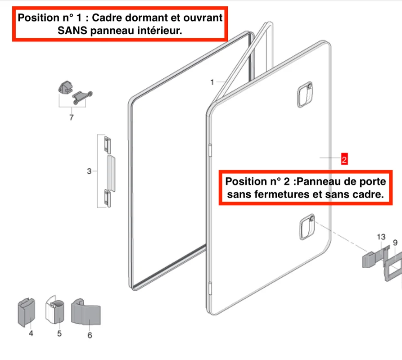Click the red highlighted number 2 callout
(344, 159)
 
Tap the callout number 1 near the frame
(212, 82)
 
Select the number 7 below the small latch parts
(72, 117)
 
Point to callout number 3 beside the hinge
(89, 171)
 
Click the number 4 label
(31, 333)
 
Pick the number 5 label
(59, 333)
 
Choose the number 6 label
(90, 335)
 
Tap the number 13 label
(381, 237)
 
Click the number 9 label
(395, 243)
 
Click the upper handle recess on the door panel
(305, 94)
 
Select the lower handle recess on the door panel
(307, 227)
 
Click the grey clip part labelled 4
(26, 312)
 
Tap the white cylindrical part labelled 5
(54, 310)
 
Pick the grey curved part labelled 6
(86, 311)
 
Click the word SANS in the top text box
(72, 31)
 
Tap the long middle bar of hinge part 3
(111, 173)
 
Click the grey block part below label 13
(370, 260)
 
